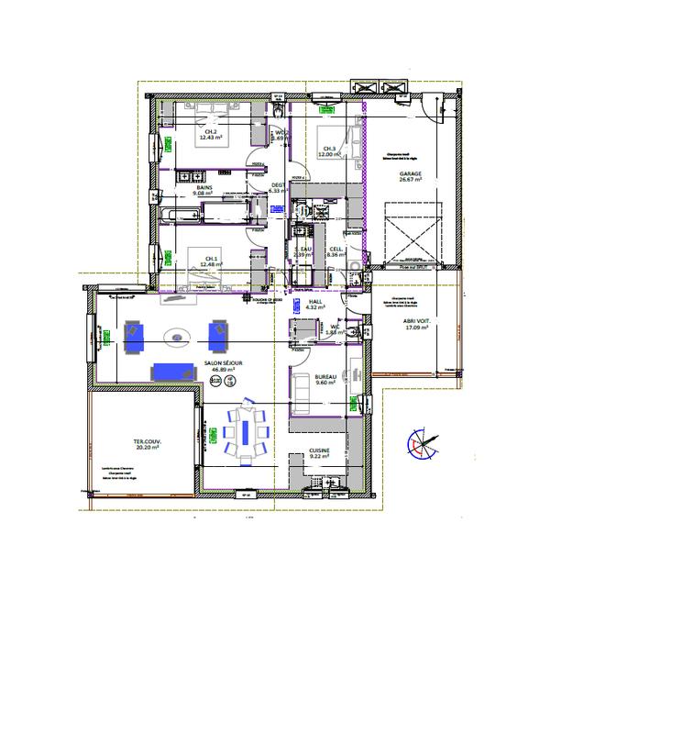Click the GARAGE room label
tap(410, 172)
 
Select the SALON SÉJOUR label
tap(224, 363)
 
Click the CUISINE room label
tap(319, 450)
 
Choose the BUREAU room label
tap(325, 376)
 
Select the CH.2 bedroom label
tap(211, 132)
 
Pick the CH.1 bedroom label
tap(211, 259)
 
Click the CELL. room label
tap(336, 249)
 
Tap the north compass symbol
tap(421, 444)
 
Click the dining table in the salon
tap(246, 432)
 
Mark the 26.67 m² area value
tap(410, 180)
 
